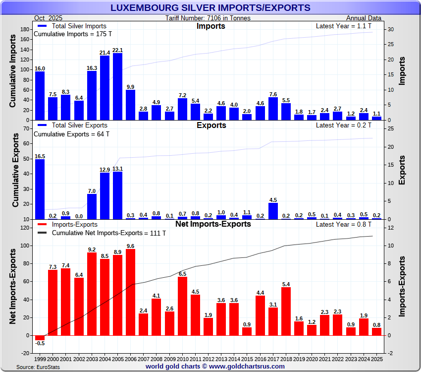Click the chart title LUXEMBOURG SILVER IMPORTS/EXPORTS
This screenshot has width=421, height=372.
click(210, 8)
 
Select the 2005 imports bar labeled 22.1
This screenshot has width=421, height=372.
click(117, 87)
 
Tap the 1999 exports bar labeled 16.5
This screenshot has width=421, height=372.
click(40, 189)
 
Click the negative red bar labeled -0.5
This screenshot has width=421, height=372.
click(40, 338)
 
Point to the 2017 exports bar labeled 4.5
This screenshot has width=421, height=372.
click(273, 211)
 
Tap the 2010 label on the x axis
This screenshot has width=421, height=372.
click(182, 358)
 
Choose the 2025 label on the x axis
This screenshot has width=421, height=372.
click(376, 358)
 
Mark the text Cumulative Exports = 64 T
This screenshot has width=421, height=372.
click(71, 134)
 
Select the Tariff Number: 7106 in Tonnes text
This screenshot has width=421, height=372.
click(208, 18)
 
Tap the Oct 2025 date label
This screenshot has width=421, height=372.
click(47, 18)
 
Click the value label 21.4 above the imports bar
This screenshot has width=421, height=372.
click(105, 53)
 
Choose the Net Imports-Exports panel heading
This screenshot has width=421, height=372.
click(213, 224)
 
